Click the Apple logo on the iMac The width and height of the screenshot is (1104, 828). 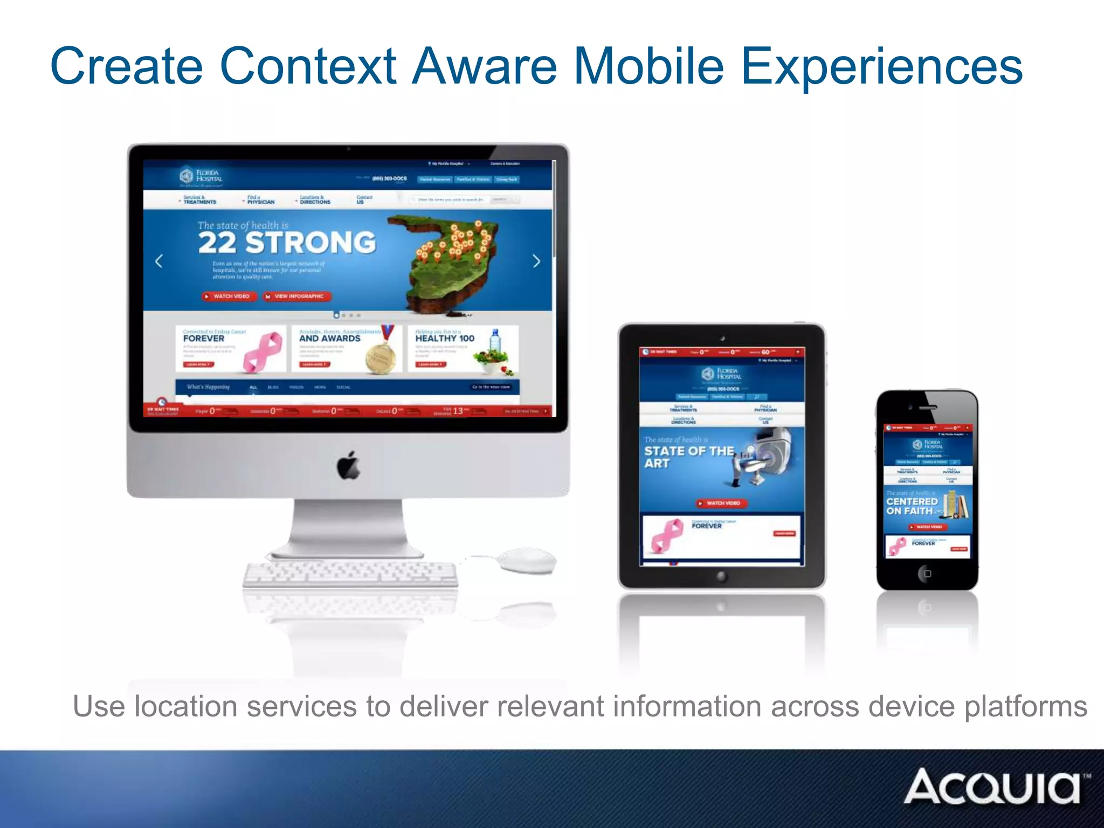pyautogui.click(x=349, y=465)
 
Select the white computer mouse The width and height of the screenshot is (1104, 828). pyautogui.click(x=527, y=561)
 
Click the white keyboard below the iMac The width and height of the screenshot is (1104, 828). pyautogui.click(x=350, y=575)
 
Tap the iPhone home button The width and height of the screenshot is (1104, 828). pyautogui.click(x=927, y=574)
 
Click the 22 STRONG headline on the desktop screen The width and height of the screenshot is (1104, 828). pyautogui.click(x=287, y=243)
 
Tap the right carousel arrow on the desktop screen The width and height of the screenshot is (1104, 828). pyautogui.click(x=536, y=261)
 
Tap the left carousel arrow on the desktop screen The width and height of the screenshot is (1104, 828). pyautogui.click(x=159, y=261)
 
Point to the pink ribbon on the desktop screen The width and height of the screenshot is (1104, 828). pyautogui.click(x=263, y=351)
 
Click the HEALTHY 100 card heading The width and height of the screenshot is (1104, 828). pyautogui.click(x=445, y=338)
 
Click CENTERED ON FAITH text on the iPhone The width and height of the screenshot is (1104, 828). pyautogui.click(x=911, y=506)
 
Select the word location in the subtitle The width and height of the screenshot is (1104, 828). pyautogui.click(x=185, y=707)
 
